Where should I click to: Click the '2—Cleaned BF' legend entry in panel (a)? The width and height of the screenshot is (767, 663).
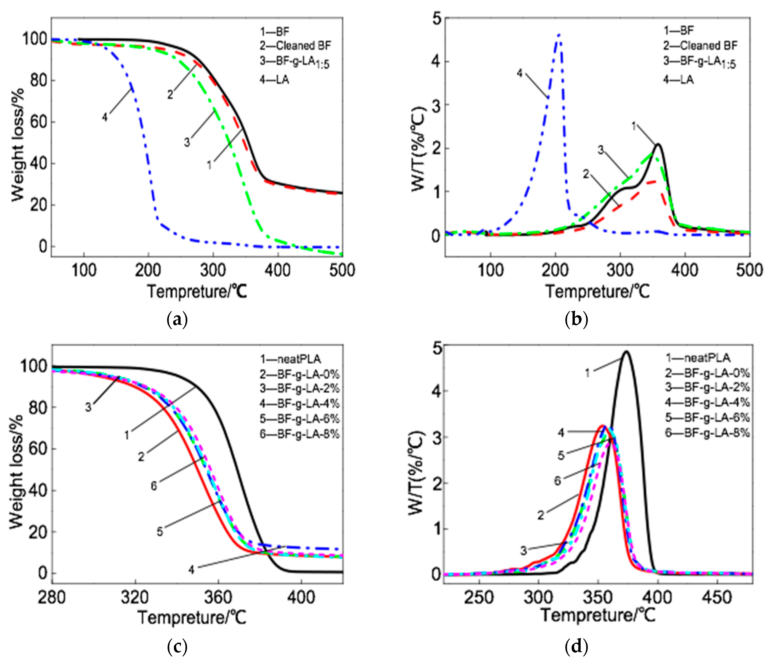pos(295,46)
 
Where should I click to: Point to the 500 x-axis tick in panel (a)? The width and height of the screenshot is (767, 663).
pos(342,270)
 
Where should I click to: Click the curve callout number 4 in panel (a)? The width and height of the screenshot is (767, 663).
pos(105,117)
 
